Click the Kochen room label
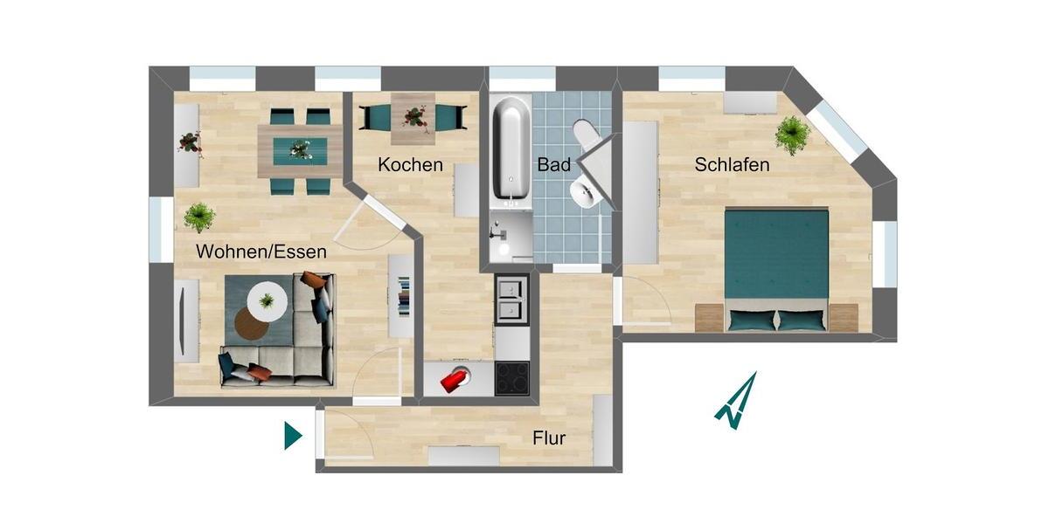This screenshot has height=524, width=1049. (410, 164)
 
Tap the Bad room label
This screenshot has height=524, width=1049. (554, 164)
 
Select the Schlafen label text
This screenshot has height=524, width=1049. (732, 164)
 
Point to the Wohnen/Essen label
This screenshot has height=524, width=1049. (261, 252)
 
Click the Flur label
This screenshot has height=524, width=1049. (549, 438)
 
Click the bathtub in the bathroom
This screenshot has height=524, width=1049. (511, 148)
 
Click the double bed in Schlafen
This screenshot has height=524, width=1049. (776, 266)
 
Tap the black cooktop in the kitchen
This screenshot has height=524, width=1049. (511, 377)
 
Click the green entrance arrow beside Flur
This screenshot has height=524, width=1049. (292, 435)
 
